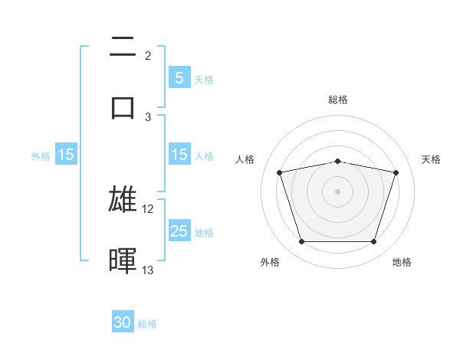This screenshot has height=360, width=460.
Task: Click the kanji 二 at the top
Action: click(123, 47)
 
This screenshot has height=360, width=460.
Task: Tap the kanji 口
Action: click(123, 106)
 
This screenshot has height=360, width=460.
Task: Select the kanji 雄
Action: click(123, 199)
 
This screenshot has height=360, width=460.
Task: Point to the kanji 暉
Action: click(123, 260)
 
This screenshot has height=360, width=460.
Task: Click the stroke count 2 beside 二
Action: click(148, 55)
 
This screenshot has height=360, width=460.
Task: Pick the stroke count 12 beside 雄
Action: click(148, 208)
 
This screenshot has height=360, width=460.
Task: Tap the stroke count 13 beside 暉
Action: click(148, 270)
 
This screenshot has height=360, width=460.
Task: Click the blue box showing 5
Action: click(179, 78)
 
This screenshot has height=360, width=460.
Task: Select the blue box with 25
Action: click(179, 231)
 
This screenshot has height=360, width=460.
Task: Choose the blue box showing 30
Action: click(123, 323)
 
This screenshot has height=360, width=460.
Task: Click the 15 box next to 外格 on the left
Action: click(66, 155)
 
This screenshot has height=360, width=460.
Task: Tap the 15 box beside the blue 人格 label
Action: click(179, 155)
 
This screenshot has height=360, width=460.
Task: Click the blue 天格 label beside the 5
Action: click(204, 79)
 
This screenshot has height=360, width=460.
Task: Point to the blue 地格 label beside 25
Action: click(204, 232)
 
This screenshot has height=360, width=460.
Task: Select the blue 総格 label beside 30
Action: click(148, 324)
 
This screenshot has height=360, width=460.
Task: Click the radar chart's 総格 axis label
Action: click(338, 100)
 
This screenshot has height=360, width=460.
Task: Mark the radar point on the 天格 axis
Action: click(396, 172)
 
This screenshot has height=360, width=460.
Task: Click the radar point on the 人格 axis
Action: click(280, 172)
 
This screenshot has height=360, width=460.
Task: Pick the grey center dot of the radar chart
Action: click(338, 191)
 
